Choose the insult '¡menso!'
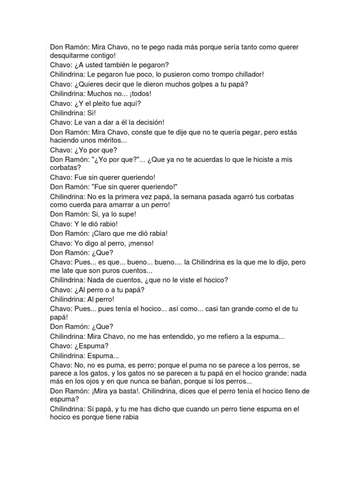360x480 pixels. point(139,243)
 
